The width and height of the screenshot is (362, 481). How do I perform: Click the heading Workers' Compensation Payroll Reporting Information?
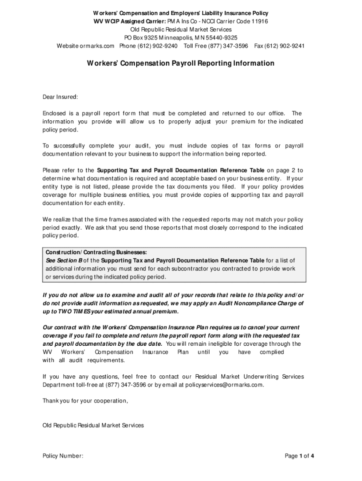[x=181, y=63]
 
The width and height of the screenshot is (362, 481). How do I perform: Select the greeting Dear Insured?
[x=60, y=97]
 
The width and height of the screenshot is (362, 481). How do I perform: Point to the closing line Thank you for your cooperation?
[x=85, y=401]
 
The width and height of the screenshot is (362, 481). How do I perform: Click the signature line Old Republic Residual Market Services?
[x=93, y=426]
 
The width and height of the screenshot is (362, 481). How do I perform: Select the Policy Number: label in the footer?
[x=63, y=456]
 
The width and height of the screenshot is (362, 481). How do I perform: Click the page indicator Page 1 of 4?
[x=299, y=456]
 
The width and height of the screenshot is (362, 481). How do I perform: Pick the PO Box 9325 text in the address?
[x=142, y=38]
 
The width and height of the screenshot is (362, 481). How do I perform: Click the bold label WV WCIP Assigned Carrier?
[x=128, y=22]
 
